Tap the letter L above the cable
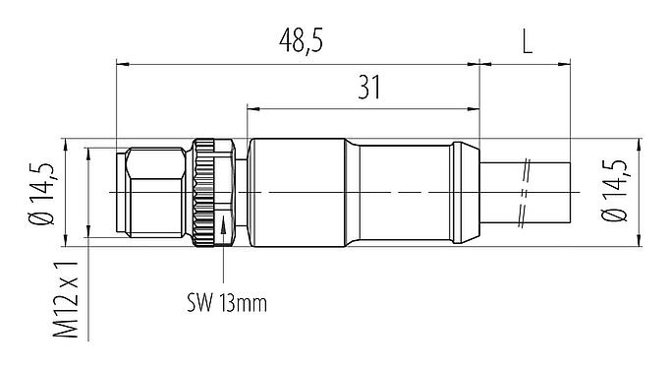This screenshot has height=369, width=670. (x=528, y=40)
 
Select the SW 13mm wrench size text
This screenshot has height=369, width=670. (x=230, y=302)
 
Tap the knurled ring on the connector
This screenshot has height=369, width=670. (x=207, y=193)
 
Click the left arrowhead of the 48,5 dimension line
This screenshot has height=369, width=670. (x=122, y=65)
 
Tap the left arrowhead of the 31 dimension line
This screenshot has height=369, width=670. (x=253, y=104)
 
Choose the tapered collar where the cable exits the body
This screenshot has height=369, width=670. (x=467, y=193)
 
